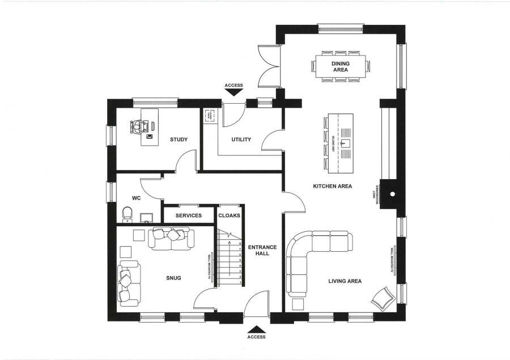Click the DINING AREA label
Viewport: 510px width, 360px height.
pos(340,66)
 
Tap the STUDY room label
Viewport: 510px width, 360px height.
pos(178,139)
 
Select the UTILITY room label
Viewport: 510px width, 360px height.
pos(241,139)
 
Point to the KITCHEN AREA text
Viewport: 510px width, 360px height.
pos(333,186)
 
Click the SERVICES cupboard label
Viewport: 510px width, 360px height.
pos(189,215)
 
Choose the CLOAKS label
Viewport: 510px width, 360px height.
pos(229,215)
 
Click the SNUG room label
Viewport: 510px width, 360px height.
pos(173,278)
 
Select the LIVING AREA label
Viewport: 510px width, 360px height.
pos(345,281)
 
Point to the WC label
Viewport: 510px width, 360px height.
pos(136,198)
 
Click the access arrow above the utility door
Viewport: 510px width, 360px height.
pos(233,93)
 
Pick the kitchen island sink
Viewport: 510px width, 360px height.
pos(345,144)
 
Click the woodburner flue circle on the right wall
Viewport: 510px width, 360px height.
pos(392,194)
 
